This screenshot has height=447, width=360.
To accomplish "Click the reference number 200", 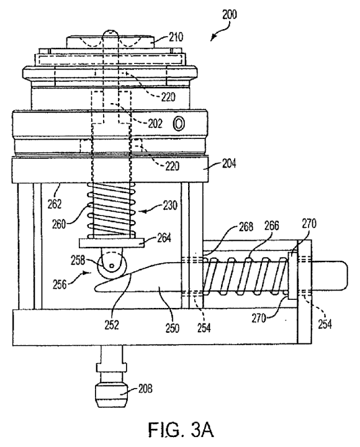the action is click(x=229, y=14).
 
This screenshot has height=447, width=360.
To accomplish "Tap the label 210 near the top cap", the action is click(x=176, y=37).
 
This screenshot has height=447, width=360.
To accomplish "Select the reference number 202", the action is click(x=155, y=124).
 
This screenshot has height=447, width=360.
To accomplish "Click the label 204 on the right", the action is click(x=228, y=164).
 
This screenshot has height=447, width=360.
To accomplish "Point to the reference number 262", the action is click(x=55, y=204).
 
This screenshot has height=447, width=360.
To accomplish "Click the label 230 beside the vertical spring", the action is click(x=170, y=205).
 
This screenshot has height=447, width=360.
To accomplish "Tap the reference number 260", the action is click(x=59, y=224).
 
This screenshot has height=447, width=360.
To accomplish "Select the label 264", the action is click(x=164, y=237).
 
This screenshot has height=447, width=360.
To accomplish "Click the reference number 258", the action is click(x=78, y=260).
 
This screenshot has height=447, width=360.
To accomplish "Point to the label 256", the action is click(x=60, y=284).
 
